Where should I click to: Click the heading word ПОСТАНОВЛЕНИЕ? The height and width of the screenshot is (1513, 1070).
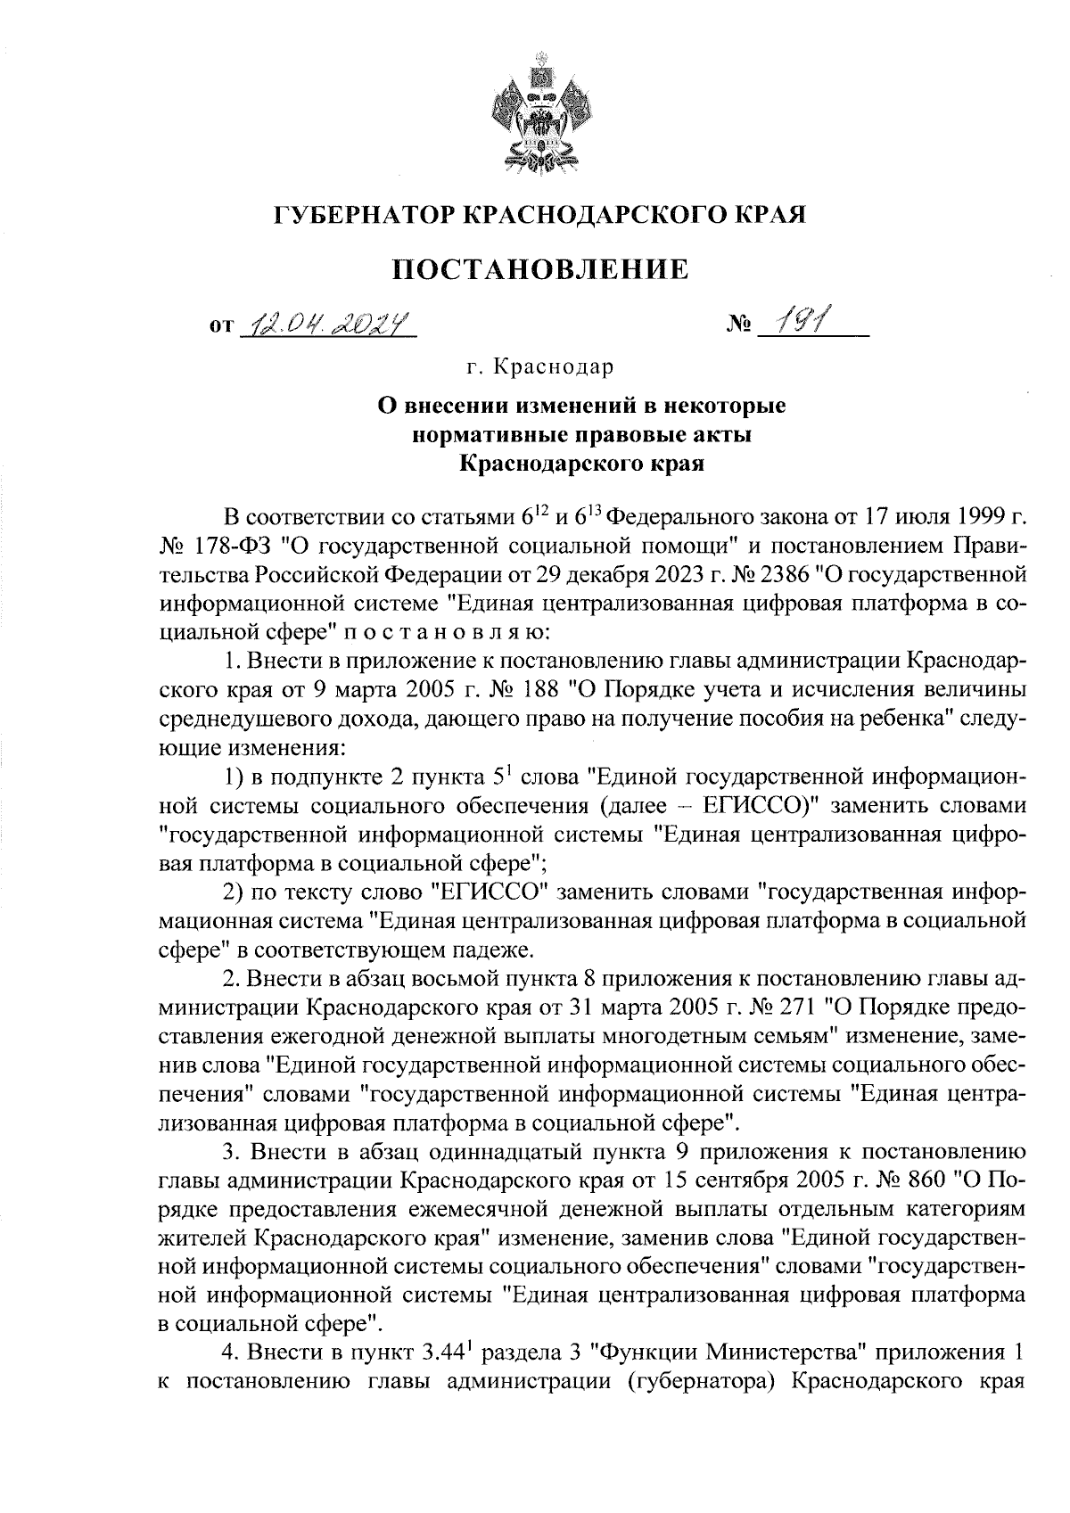(x=542, y=268)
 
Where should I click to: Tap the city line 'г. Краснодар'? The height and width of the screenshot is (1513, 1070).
(x=539, y=366)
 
